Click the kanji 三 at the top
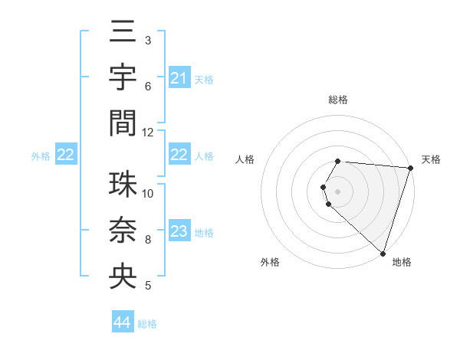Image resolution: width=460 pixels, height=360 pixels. click(x=123, y=33)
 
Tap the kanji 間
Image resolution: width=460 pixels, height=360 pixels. click(x=123, y=122)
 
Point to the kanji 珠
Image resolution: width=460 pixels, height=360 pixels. click(x=123, y=185)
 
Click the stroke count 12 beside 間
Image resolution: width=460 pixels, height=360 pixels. click(x=148, y=133)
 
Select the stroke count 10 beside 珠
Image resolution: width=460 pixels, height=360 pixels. click(x=148, y=194)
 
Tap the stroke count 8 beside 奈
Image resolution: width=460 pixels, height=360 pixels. click(x=148, y=240)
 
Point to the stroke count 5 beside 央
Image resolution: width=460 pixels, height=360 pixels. click(x=148, y=286)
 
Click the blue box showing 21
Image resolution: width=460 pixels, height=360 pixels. click(x=179, y=78)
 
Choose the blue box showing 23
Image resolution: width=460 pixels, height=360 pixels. click(x=179, y=232)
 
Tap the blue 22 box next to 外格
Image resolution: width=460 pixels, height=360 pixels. click(x=66, y=155)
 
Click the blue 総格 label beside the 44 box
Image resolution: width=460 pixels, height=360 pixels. click(x=147, y=324)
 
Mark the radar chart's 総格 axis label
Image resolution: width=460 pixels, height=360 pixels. click(x=338, y=100)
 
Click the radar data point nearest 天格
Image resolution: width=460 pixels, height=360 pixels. click(x=410, y=168)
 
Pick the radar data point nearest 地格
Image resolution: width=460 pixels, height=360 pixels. click(x=383, y=253)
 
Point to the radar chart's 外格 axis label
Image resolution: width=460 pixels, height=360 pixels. click(x=270, y=263)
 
